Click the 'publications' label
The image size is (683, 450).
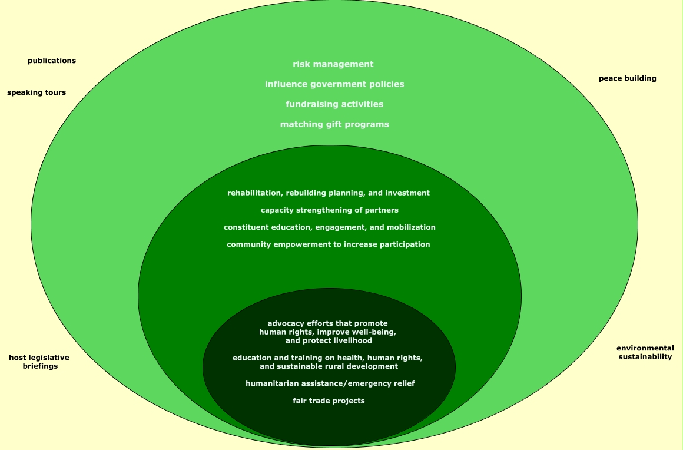click(52, 61)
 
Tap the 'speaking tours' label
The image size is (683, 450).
click(37, 92)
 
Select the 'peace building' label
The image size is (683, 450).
click(627, 78)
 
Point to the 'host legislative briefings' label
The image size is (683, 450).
click(39, 362)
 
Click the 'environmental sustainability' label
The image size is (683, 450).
click(645, 352)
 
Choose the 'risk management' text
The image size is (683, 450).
click(333, 64)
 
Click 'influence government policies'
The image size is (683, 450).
click(334, 84)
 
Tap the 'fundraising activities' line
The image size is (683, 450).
click(334, 104)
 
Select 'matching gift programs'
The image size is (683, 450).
click(334, 124)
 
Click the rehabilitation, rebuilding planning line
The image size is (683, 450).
click(329, 193)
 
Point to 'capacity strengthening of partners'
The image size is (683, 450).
click(330, 210)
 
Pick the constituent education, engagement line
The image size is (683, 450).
click(330, 227)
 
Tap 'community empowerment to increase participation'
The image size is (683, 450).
click(329, 244)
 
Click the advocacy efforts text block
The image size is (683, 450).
click(328, 332)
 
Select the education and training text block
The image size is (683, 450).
click(328, 362)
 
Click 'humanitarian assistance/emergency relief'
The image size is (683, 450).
click(330, 383)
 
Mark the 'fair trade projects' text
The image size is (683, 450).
click(329, 401)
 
